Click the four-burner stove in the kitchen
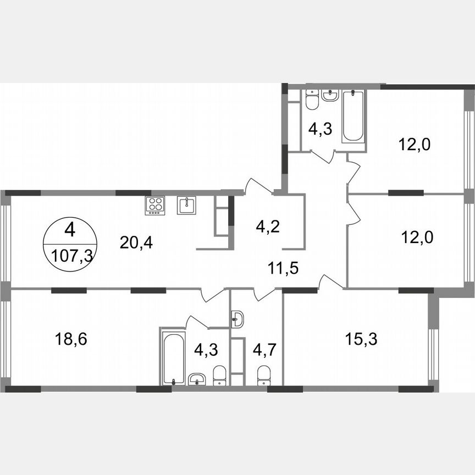155,205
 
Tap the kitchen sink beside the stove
186,206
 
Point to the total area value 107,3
70,256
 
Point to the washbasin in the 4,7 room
237,318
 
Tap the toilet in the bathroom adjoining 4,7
219,375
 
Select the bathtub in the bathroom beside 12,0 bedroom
352,116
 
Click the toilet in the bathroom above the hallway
311,102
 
